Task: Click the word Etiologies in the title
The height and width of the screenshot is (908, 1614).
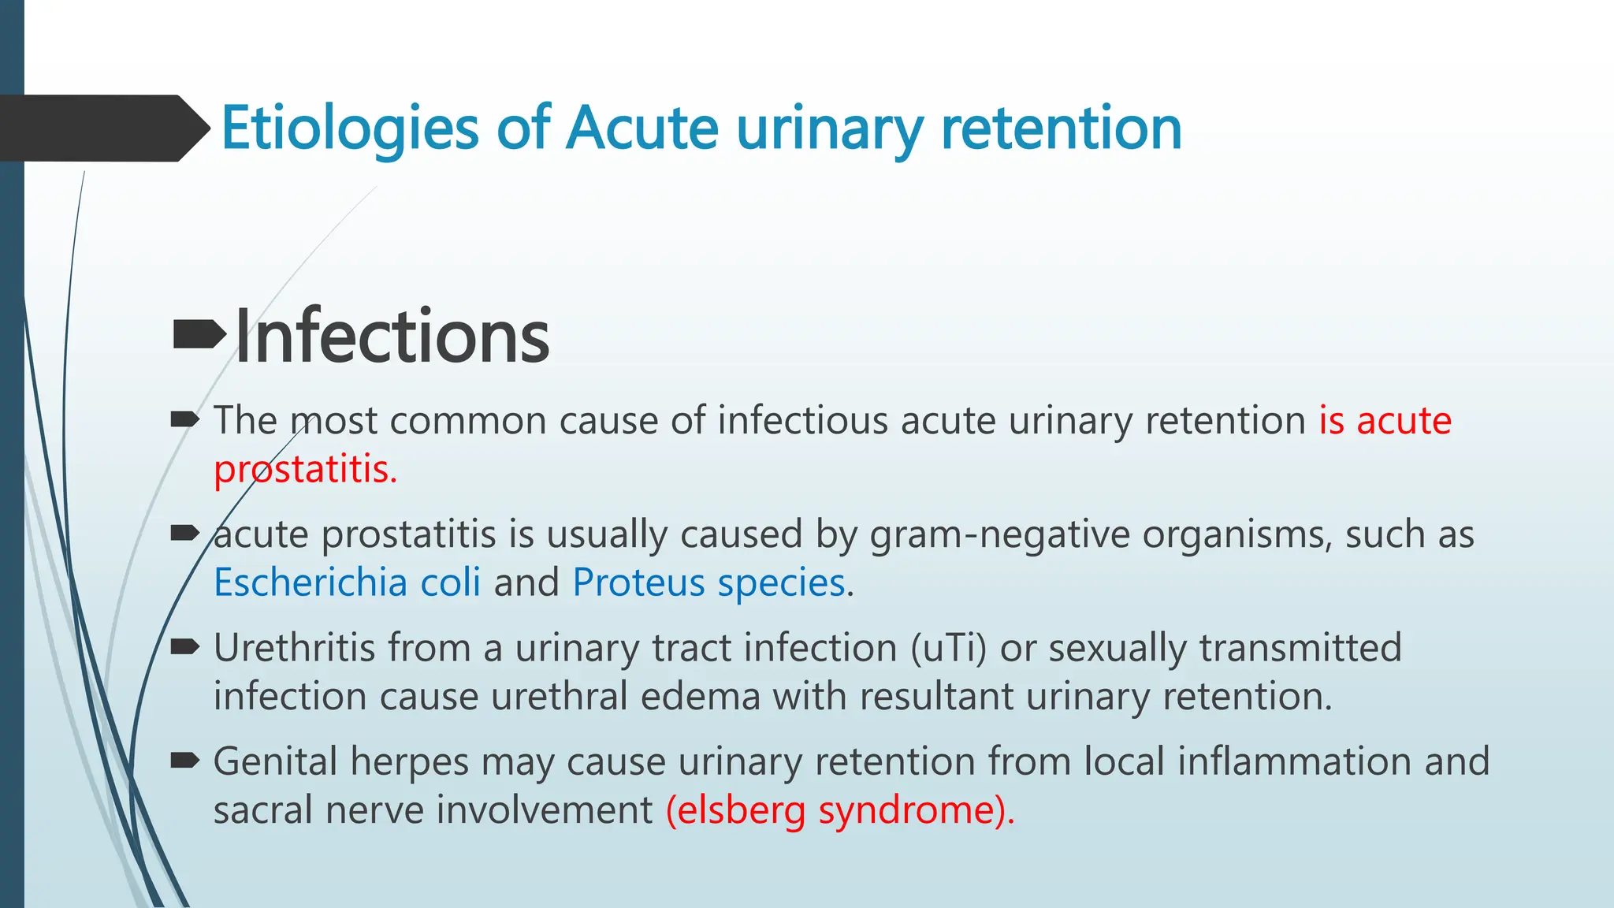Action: (x=349, y=128)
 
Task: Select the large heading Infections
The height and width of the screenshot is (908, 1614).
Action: (x=392, y=337)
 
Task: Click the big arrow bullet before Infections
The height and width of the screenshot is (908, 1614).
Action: (x=199, y=335)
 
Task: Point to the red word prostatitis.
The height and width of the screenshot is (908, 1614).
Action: (x=305, y=470)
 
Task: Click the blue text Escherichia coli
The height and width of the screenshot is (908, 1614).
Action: (x=347, y=582)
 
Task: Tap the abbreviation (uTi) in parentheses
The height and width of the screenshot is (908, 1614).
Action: (x=948, y=648)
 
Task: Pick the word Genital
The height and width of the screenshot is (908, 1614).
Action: (x=275, y=762)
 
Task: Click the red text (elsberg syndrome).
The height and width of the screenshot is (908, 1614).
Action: (x=840, y=810)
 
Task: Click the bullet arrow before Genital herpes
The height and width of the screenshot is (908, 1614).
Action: (x=184, y=761)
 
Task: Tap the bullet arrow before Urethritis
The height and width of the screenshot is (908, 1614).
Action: (x=184, y=647)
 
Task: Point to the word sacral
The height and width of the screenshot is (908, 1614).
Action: (x=262, y=810)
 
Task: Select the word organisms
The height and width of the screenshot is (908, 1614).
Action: (x=1237, y=534)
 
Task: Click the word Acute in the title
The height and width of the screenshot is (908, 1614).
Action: (x=642, y=128)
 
